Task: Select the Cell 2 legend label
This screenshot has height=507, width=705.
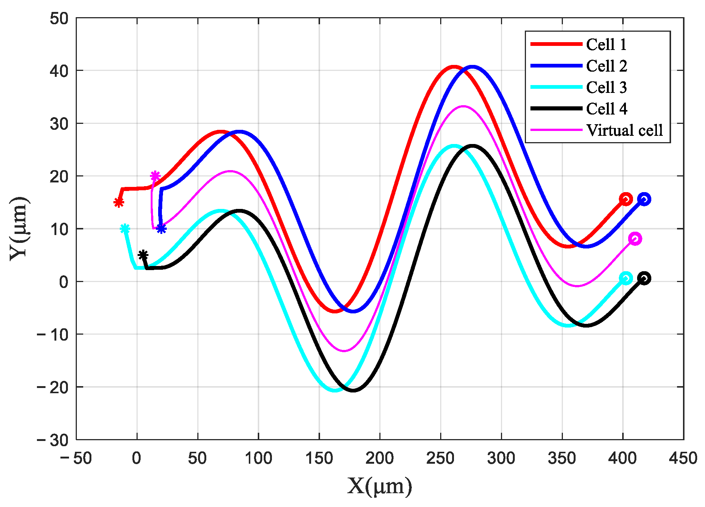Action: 607,66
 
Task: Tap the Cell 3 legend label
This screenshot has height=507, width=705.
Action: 607,87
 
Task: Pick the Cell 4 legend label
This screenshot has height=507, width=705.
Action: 607,109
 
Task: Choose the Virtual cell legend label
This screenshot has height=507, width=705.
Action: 624,130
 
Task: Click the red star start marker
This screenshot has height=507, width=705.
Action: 119,203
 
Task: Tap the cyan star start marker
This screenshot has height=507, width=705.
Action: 125,229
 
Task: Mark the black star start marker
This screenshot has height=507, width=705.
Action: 143,255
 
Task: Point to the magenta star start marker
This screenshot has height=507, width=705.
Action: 155,176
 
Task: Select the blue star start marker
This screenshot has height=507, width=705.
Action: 161,229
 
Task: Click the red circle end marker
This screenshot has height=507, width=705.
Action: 626,199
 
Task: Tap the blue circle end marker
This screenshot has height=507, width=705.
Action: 644,199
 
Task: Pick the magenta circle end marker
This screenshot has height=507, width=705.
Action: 635,239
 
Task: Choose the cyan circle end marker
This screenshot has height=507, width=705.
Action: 626,278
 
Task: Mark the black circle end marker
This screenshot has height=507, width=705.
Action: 644,278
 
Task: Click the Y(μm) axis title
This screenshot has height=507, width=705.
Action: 19,228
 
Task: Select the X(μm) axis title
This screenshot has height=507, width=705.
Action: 380,486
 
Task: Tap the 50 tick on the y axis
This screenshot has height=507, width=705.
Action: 59,18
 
